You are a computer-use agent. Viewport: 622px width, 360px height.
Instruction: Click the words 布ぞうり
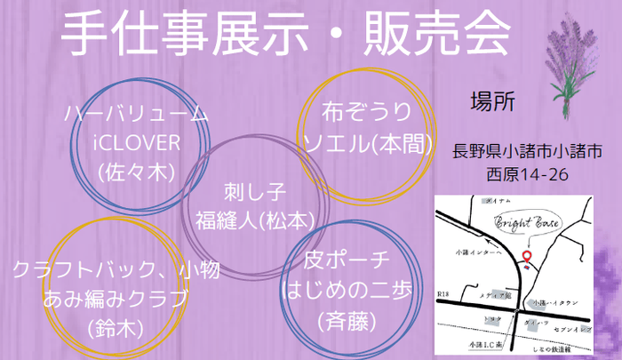368,112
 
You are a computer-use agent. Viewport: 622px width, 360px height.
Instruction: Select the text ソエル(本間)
368,141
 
